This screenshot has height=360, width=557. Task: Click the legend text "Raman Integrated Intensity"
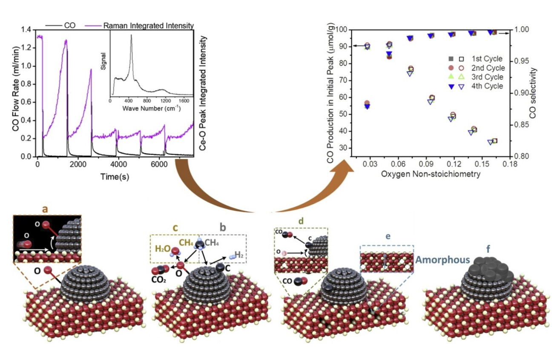148,26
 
